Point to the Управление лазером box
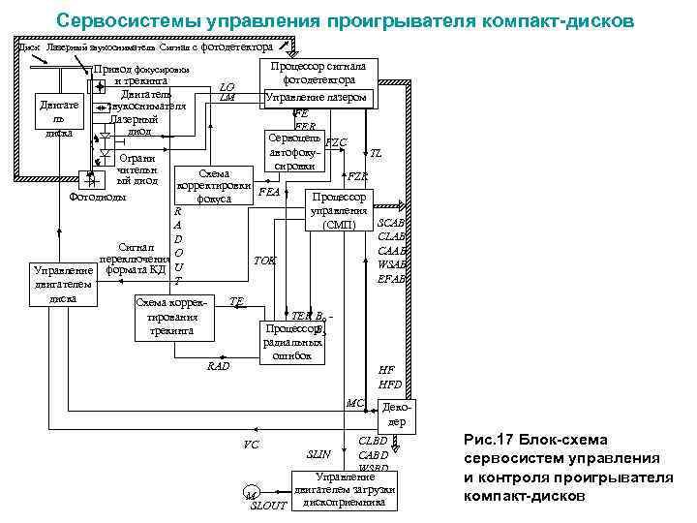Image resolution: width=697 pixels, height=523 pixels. click(316, 99)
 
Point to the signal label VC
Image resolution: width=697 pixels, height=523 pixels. click(251, 445)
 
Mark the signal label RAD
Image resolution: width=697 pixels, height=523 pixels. click(219, 367)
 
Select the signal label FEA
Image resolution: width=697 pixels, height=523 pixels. click(270, 192)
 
